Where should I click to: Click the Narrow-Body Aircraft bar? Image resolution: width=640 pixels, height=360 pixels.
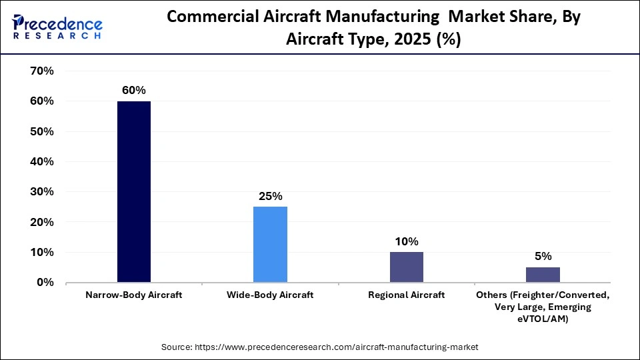coord(134,192)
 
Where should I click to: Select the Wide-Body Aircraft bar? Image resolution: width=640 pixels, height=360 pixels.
coord(270,245)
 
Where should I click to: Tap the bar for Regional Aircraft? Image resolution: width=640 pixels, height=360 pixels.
coord(406,267)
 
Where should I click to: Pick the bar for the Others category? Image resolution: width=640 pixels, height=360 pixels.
coord(543,275)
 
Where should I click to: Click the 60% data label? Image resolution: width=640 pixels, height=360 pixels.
coord(134,90)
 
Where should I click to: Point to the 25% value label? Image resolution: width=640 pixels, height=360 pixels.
coord(271,196)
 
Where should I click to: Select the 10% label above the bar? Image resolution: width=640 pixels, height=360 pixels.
coord(407,241)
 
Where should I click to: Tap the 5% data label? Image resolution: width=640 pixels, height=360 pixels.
coord(543,257)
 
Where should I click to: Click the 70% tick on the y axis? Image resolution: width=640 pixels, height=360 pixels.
coord(41,71)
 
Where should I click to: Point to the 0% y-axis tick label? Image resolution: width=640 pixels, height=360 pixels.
coord(45,283)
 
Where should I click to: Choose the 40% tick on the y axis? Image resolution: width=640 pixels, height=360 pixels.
coord(41,162)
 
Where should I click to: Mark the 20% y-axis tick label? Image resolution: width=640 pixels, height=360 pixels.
coord(41,222)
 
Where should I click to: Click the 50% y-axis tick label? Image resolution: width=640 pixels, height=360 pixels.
coord(41,131)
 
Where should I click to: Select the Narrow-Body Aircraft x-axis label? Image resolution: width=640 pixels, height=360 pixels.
coord(134,295)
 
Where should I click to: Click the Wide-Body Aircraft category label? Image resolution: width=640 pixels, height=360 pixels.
coord(270,295)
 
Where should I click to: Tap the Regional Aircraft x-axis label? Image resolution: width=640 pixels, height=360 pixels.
coord(406,295)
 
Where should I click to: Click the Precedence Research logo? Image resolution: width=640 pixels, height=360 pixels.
coord(57,27)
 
